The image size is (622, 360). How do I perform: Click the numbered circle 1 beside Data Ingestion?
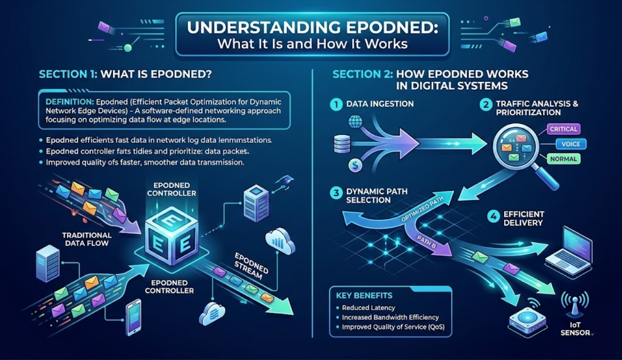click(x=336, y=104)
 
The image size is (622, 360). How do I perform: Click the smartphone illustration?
click(x=133, y=316)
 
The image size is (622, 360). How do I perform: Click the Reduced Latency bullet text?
click(x=368, y=307)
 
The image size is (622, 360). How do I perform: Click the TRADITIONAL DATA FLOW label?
click(x=87, y=239)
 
